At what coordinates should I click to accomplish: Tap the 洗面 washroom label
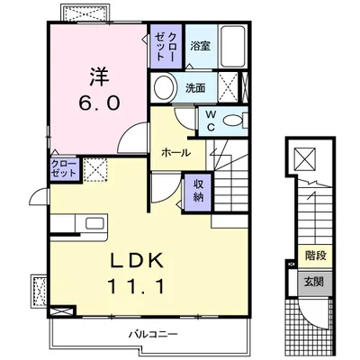point(196,88)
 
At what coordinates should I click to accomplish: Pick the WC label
point(210,120)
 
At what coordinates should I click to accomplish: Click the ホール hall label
point(175,153)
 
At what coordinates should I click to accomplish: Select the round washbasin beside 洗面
point(164,88)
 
